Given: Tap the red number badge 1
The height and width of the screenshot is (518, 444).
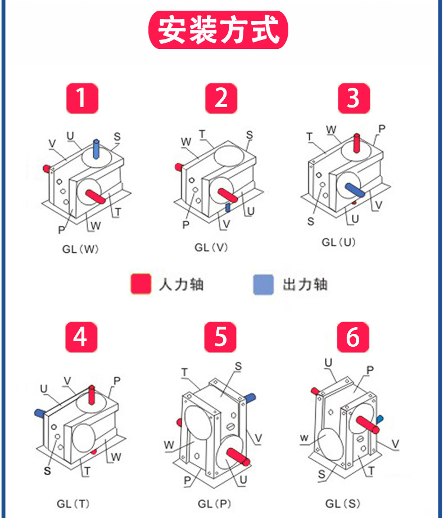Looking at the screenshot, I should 82,98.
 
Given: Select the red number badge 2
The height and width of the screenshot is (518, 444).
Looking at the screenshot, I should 221,98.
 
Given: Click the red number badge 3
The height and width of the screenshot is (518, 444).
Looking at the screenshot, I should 353,98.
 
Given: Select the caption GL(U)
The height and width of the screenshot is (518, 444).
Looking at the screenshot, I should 339,242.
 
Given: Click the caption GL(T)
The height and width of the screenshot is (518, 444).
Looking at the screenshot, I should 73,503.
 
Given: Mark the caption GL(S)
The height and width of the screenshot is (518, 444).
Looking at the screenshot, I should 342,503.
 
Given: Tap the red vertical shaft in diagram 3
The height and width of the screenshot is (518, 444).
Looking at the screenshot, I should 356,143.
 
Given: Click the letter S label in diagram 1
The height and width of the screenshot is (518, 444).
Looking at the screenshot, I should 117,136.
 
